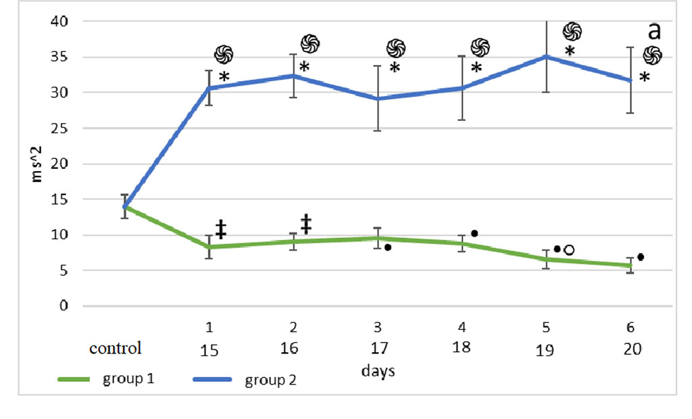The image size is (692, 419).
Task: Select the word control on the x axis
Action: [116, 348]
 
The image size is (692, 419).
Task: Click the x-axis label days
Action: [378, 371]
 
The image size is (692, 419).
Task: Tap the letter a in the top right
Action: [653, 30]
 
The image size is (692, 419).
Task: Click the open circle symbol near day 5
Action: [569, 250]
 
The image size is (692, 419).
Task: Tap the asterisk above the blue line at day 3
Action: [395, 68]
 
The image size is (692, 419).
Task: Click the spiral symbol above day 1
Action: [223, 55]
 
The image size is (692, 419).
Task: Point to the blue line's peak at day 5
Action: [547, 57]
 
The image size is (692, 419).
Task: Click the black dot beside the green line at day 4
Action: [474, 233]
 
